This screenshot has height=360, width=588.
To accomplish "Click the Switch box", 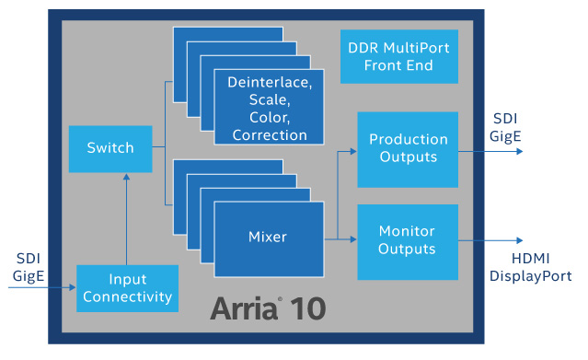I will pos(110,147).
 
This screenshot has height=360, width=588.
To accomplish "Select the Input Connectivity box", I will pos(127,288).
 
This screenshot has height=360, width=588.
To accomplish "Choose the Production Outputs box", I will pos(408,149).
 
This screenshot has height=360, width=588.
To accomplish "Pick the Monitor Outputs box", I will pos(408,240).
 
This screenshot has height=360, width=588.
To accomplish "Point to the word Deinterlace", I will pos(269,84).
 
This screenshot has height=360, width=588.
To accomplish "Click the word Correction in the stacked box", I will pos(269,134).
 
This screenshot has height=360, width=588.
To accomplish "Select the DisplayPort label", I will pos(529,276).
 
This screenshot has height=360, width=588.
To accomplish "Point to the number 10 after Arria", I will pos(312,308).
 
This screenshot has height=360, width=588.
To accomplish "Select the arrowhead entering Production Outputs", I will pos(352,149).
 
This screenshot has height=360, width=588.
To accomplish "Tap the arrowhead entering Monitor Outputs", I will pos(352,240).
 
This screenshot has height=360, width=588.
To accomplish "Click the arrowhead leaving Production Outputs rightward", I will pos(519,149).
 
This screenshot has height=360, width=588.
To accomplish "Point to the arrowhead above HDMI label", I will pos(519,240).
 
